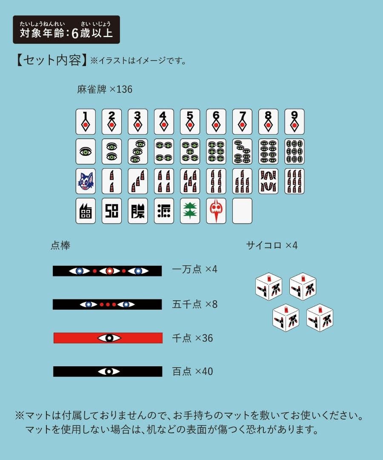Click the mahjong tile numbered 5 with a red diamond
[x=190, y=121]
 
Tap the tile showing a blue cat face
[x=86, y=181]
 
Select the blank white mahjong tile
[x=242, y=211]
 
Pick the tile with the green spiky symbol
[x=190, y=211]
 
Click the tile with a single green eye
[x=86, y=151]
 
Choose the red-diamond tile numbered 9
[x=294, y=121]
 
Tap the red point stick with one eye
[x=108, y=338]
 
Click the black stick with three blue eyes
[x=107, y=271]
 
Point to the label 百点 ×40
[x=192, y=371]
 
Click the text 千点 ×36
[x=192, y=338]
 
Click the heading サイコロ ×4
[x=272, y=245]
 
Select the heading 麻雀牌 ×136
[x=105, y=89]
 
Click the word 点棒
[x=60, y=246]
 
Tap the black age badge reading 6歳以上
[x=66, y=30]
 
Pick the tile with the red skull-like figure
[x=216, y=211]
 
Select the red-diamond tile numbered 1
[x=86, y=121]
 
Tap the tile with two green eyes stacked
[x=111, y=151]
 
